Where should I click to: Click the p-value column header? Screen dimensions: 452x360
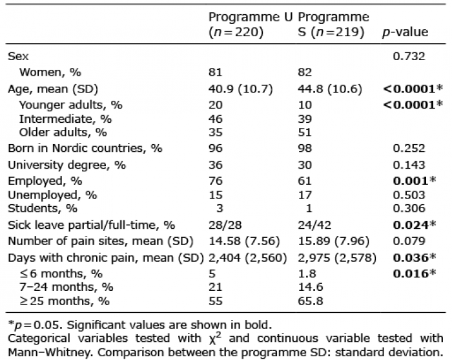(x=405, y=32)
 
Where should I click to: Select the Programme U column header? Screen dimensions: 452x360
(x=251, y=25)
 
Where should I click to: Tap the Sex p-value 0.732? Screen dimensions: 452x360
(x=409, y=56)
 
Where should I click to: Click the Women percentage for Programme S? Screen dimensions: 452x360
(x=305, y=72)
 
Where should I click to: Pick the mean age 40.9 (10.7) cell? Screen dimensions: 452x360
(x=240, y=89)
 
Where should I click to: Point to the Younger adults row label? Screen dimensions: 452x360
(x=70, y=105)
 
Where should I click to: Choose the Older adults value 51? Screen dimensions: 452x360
(x=305, y=132)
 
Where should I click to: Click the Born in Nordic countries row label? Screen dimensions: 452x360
(x=85, y=148)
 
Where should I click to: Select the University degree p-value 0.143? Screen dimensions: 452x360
(x=409, y=165)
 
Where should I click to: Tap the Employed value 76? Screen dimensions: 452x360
(x=215, y=181)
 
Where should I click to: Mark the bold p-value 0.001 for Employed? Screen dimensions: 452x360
(x=415, y=180)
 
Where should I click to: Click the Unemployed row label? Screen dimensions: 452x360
(x=52, y=195)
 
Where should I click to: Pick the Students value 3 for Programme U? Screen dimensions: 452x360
(x=220, y=208)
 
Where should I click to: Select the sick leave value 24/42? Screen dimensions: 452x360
(x=314, y=225)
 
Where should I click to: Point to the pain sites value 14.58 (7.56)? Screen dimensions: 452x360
(x=244, y=241)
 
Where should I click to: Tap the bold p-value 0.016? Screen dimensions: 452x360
(x=415, y=273)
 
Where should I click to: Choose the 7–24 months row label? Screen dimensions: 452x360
(x=66, y=287)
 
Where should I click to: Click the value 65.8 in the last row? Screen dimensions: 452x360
(x=311, y=301)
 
